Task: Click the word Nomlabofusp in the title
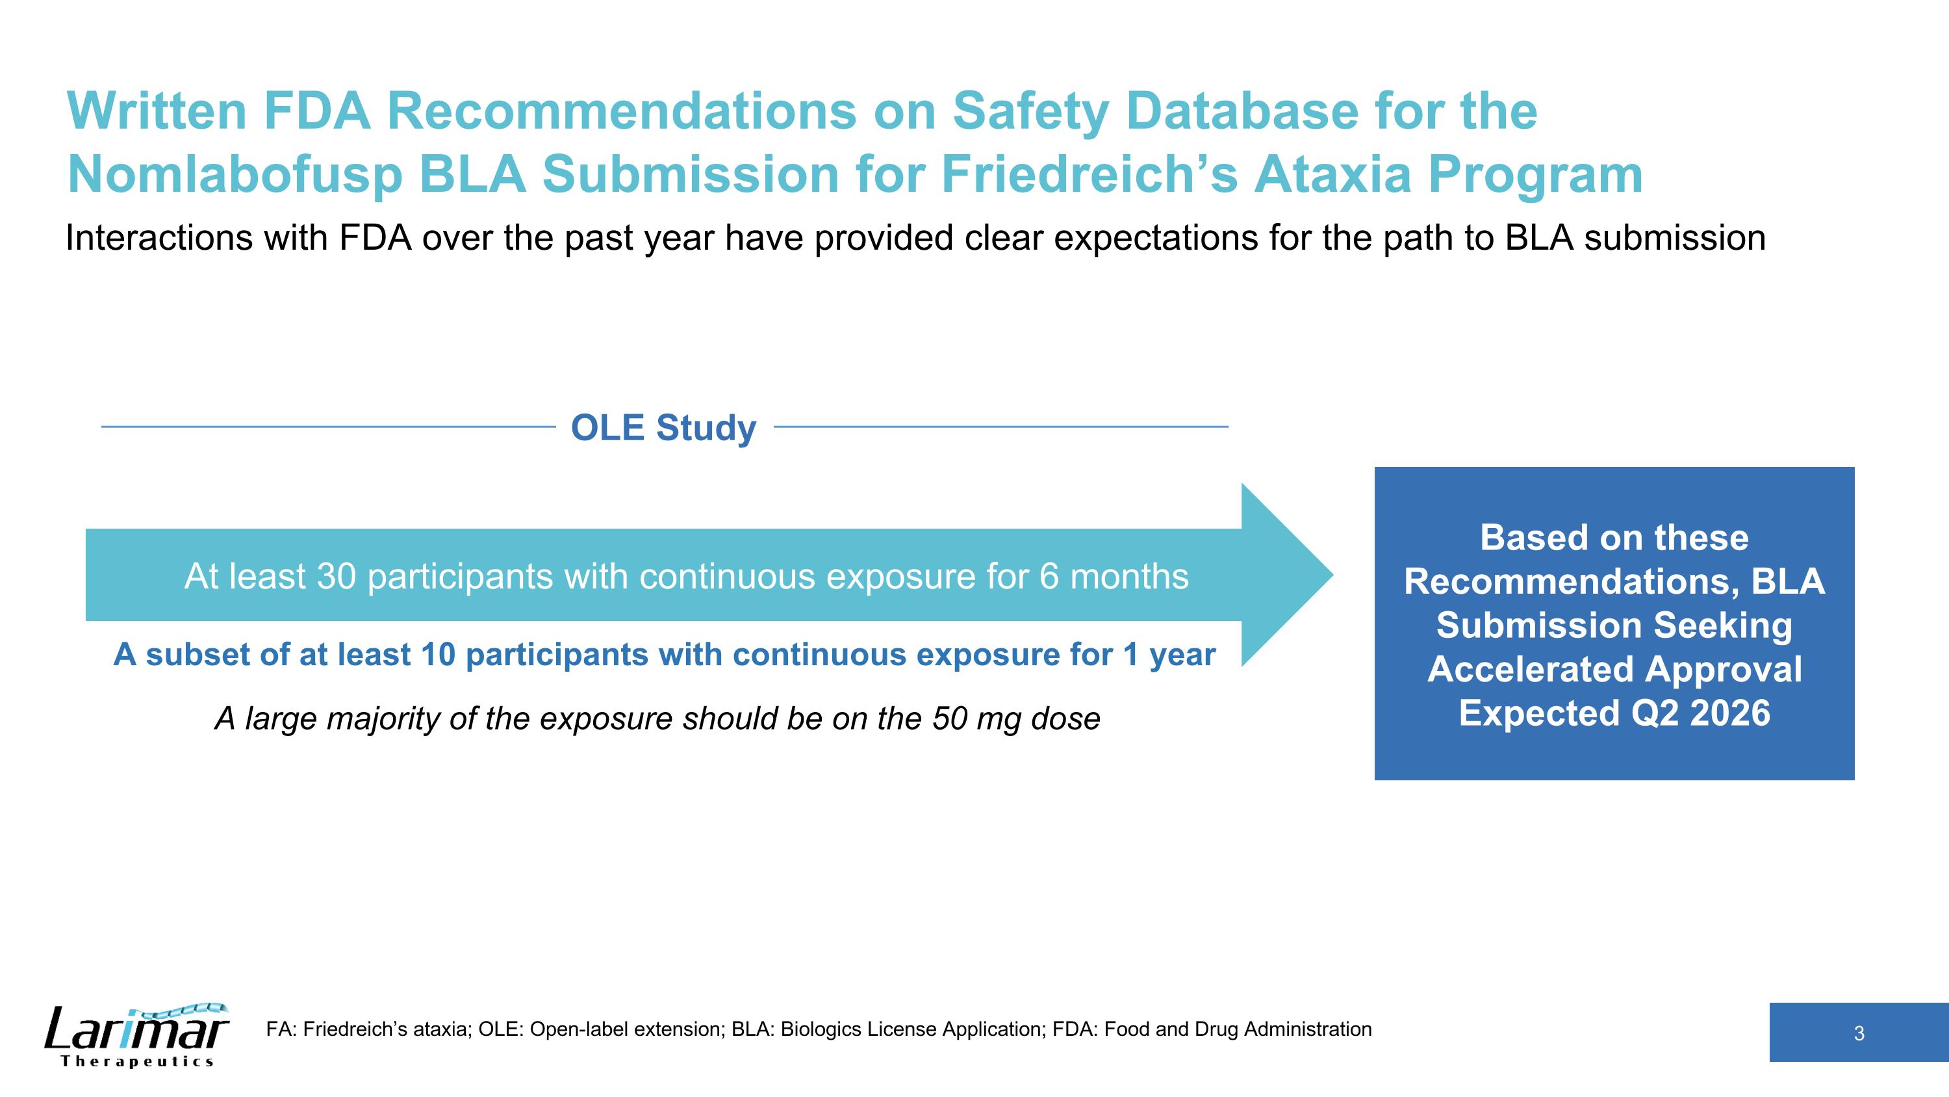pyautogui.click(x=235, y=176)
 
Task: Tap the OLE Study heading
pyautogui.click(x=663, y=428)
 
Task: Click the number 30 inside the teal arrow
pyautogui.click(x=336, y=576)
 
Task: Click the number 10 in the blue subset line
pyautogui.click(x=438, y=655)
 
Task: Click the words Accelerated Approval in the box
pyautogui.click(x=1614, y=669)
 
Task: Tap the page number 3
pyautogui.click(x=1858, y=1033)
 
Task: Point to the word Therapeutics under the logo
pyautogui.click(x=137, y=1061)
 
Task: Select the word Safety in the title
pyautogui.click(x=1030, y=111)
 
